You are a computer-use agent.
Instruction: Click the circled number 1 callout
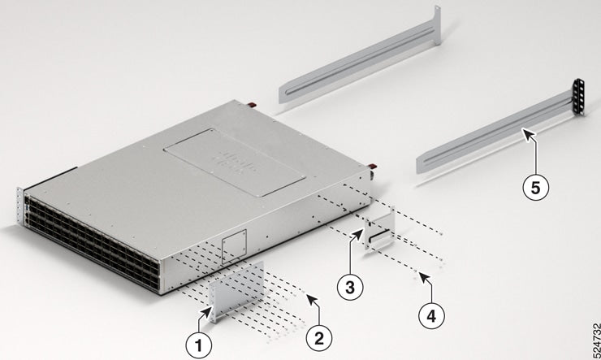[195, 344]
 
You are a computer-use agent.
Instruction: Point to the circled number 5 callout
[533, 186]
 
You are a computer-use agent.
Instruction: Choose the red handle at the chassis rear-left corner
[252, 106]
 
